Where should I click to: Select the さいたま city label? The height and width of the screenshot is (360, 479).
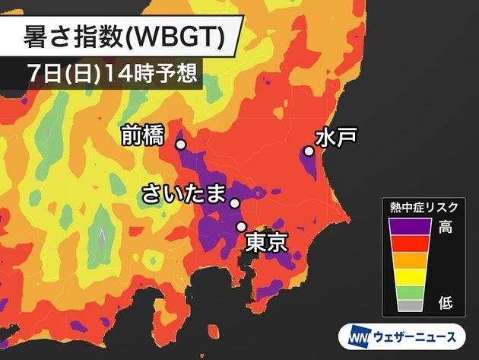click(x=185, y=196)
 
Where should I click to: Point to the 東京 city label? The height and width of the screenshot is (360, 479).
click(x=265, y=243)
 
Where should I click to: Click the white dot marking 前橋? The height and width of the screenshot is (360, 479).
click(x=181, y=145)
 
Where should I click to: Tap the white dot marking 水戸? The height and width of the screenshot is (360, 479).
click(x=309, y=151)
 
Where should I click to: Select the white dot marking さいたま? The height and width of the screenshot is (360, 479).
click(x=235, y=203)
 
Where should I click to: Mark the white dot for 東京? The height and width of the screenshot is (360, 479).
click(x=241, y=226)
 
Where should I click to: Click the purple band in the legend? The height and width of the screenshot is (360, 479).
click(x=411, y=226)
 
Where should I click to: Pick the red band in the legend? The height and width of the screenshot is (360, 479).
click(x=411, y=243)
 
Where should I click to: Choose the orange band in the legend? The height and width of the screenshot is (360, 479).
click(x=411, y=259)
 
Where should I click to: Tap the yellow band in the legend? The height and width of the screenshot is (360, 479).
click(x=411, y=275)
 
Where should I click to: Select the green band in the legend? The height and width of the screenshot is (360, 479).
click(x=411, y=290)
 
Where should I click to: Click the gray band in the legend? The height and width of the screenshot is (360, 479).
click(x=411, y=305)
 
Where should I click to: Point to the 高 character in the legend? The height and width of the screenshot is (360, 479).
click(x=446, y=227)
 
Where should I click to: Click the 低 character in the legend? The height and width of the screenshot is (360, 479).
click(x=446, y=304)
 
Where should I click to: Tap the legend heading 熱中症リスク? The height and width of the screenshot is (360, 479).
click(x=422, y=205)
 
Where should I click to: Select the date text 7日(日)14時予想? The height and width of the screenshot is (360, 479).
click(x=111, y=73)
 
